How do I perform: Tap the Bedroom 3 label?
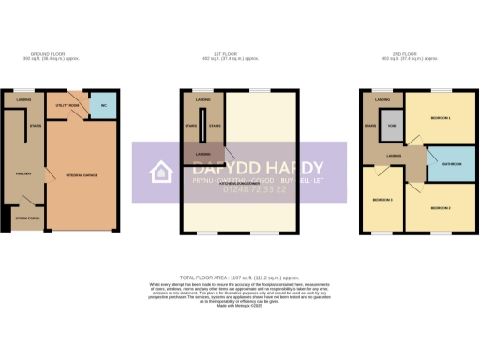click(381, 201)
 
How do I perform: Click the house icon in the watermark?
click(161, 172)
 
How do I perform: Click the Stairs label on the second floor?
click(371, 126)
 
